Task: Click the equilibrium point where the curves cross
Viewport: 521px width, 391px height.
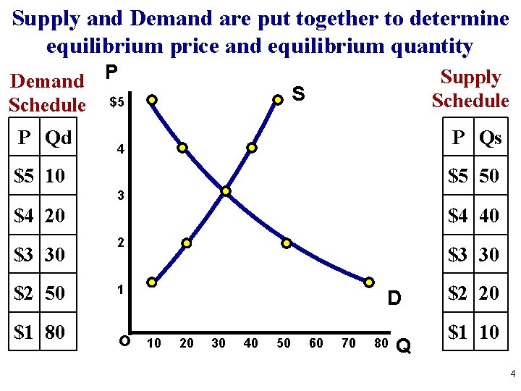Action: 226,191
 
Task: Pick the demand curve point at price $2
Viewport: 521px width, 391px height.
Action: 286,243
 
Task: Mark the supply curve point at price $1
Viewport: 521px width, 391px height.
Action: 152,281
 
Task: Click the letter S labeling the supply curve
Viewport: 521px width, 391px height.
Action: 298,93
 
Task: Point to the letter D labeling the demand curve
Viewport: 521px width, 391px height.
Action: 394,298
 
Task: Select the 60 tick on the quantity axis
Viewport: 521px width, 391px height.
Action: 316,342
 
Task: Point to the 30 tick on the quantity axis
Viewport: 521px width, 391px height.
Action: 219,342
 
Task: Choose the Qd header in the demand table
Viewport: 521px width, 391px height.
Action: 58,137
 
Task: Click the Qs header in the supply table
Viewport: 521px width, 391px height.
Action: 490,138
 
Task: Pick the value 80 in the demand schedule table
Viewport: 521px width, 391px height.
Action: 55,332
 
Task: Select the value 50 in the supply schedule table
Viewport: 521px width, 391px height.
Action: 489,176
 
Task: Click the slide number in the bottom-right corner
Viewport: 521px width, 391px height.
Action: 512,374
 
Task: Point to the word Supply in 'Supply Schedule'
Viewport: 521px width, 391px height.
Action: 470,77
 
